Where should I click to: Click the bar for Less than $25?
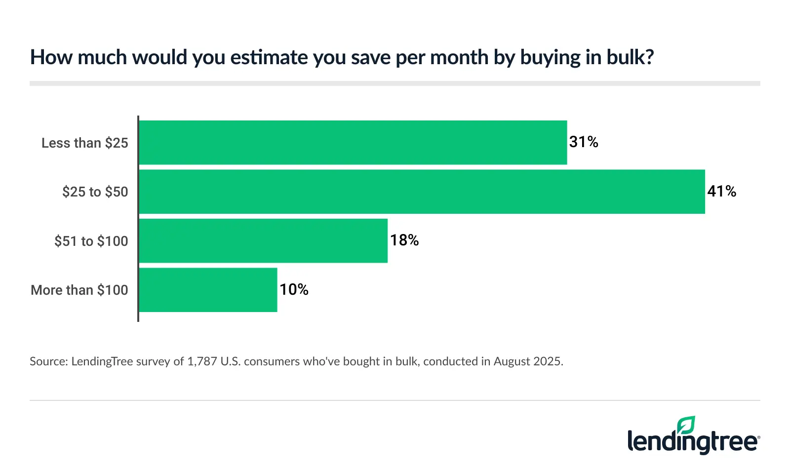tap(353, 143)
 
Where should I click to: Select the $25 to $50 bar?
tap(422, 192)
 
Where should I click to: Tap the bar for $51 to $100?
tap(263, 241)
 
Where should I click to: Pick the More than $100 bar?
tap(208, 290)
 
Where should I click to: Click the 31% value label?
tap(584, 142)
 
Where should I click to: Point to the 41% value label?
tap(721, 192)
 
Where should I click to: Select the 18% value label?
tap(404, 240)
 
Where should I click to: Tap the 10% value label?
tap(294, 289)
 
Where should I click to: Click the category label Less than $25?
tap(84, 143)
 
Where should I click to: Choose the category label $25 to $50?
tap(95, 192)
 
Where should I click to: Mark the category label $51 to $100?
tap(91, 241)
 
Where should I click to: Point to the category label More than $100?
tap(79, 290)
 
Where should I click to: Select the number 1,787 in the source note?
tap(202, 361)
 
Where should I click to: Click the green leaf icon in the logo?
tap(686, 425)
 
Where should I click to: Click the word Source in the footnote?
tap(48, 361)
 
